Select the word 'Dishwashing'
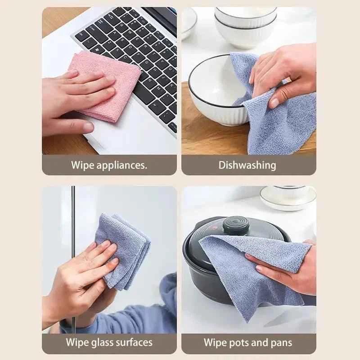pyautogui.click(x=247, y=165)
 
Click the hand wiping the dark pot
pyautogui.click(x=288, y=265)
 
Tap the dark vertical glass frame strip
pyautogui.click(x=73, y=252)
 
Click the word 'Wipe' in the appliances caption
pyautogui.click(x=82, y=165)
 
